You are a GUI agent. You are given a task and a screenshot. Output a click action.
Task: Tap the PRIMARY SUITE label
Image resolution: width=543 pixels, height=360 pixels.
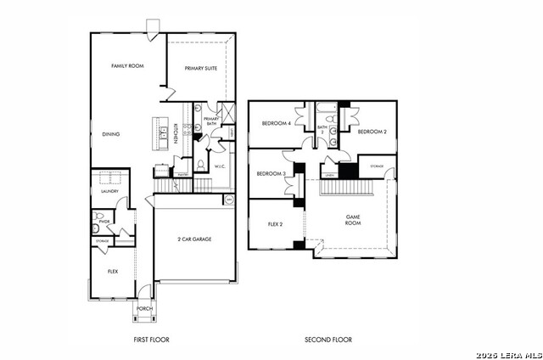coord(201,68)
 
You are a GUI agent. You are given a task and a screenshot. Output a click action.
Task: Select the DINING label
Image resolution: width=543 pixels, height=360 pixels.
coord(111,133)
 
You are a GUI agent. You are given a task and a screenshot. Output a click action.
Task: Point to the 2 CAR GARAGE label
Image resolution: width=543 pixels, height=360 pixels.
coord(194,239)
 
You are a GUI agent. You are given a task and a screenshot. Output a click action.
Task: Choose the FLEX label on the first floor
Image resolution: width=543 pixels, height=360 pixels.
coord(112,272)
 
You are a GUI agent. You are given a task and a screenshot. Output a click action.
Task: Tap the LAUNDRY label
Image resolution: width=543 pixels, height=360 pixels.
coord(109,191)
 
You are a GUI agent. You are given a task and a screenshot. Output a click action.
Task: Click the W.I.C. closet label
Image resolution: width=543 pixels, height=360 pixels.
coord(219,166)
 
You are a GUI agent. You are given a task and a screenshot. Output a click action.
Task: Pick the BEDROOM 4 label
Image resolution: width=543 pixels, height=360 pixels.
coord(276,123)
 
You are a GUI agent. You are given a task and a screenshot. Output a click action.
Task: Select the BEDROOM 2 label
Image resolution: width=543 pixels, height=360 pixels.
coord(372,132)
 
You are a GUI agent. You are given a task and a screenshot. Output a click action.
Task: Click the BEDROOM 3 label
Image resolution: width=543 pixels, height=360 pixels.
coord(271,173)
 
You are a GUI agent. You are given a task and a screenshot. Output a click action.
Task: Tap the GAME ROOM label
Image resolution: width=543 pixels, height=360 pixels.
coord(353,220)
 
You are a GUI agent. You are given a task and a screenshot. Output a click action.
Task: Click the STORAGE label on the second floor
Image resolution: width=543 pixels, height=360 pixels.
coord(376,166)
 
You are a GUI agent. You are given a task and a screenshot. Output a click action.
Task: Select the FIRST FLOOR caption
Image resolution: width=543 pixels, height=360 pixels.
coord(151,340)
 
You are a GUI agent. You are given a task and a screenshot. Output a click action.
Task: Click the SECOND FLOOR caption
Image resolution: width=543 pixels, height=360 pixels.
coord(328,340)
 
